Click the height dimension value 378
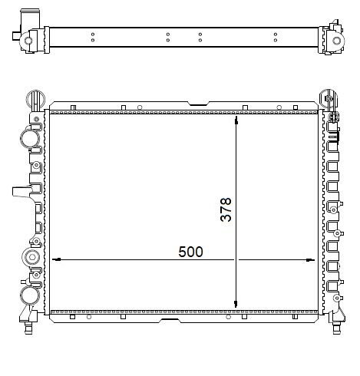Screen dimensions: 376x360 pyautogui.click(x=226, y=209)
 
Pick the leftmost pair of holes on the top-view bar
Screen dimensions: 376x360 pyautogui.click(x=92, y=39)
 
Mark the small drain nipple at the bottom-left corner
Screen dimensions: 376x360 pyautogui.click(x=29, y=331)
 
